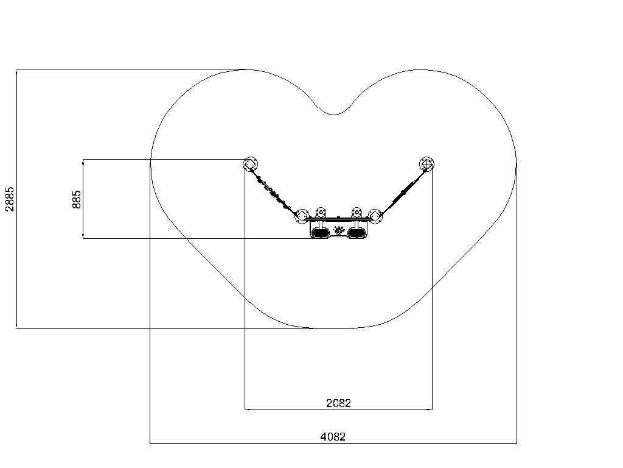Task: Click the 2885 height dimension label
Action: pos(10,199)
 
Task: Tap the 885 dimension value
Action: pos(76,199)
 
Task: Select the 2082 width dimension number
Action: pos(338,403)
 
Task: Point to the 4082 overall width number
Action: pos(333,436)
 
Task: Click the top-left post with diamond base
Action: pos(250,164)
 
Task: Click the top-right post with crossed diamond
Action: pos(426,164)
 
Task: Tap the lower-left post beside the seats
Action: pos(302,216)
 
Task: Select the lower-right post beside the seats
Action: pos(375,216)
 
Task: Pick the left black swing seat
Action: pos(320,232)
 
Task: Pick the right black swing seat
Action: pos(357,232)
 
